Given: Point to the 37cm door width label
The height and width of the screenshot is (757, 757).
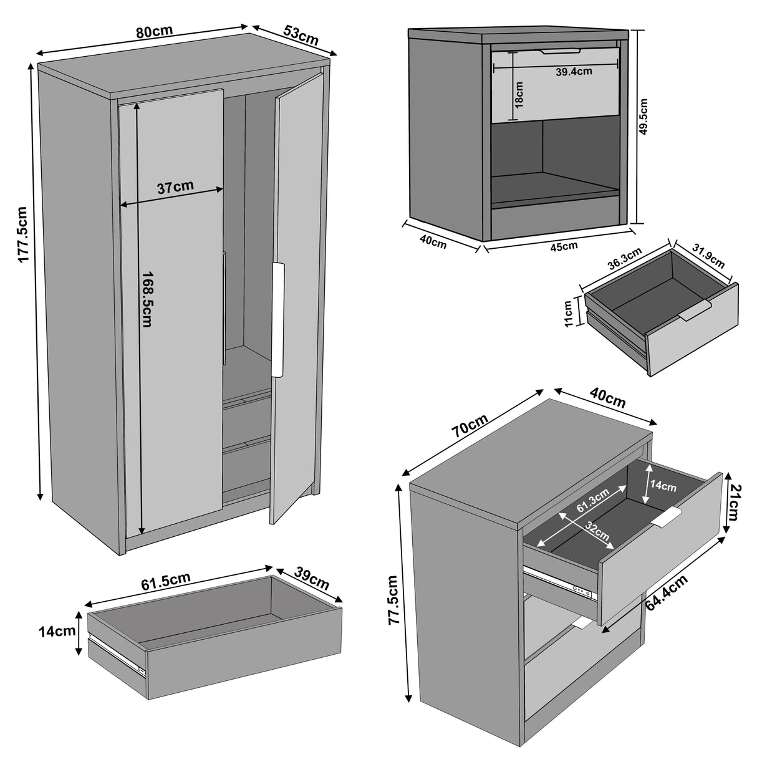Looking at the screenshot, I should (x=175, y=186).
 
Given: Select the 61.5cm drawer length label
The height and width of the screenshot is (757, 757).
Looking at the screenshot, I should (x=165, y=580).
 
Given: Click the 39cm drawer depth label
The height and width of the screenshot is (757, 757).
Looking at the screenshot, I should (x=311, y=579).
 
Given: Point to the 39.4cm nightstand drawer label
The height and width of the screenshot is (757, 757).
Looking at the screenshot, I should (x=574, y=72).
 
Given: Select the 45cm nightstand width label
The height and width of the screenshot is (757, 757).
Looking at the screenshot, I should (x=563, y=246).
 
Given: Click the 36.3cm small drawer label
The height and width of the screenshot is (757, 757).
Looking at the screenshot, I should (x=624, y=264).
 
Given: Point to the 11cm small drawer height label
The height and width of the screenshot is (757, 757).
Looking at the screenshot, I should (x=568, y=313).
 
